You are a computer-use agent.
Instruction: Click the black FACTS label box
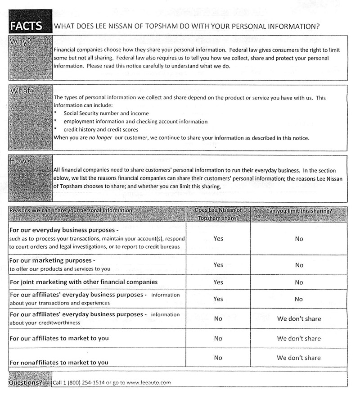[x=26, y=26]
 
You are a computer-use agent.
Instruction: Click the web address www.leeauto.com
[x=149, y=383]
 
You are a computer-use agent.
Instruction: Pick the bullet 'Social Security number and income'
[x=106, y=114]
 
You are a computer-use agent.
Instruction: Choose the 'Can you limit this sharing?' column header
[x=299, y=211]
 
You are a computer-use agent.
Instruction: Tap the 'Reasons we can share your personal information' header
[x=71, y=210]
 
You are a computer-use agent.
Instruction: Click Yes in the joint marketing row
[x=218, y=282]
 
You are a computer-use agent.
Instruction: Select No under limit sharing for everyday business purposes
[x=299, y=239]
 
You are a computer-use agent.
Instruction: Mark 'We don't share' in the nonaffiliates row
[x=299, y=358]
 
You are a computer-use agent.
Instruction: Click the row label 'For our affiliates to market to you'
[x=59, y=338]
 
